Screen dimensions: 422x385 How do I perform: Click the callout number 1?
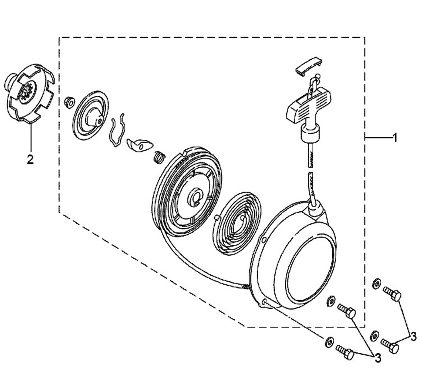[395, 138]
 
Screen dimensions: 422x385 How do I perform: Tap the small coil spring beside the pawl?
[159, 157]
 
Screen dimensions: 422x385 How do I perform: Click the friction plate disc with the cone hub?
[91, 115]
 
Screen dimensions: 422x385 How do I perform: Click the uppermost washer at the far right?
[376, 284]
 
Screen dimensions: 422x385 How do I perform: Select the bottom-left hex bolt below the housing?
[345, 352]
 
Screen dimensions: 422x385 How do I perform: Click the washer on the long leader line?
[328, 342]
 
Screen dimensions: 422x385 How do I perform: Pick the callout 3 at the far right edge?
[413, 337]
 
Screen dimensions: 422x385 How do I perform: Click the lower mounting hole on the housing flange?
[264, 302]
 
